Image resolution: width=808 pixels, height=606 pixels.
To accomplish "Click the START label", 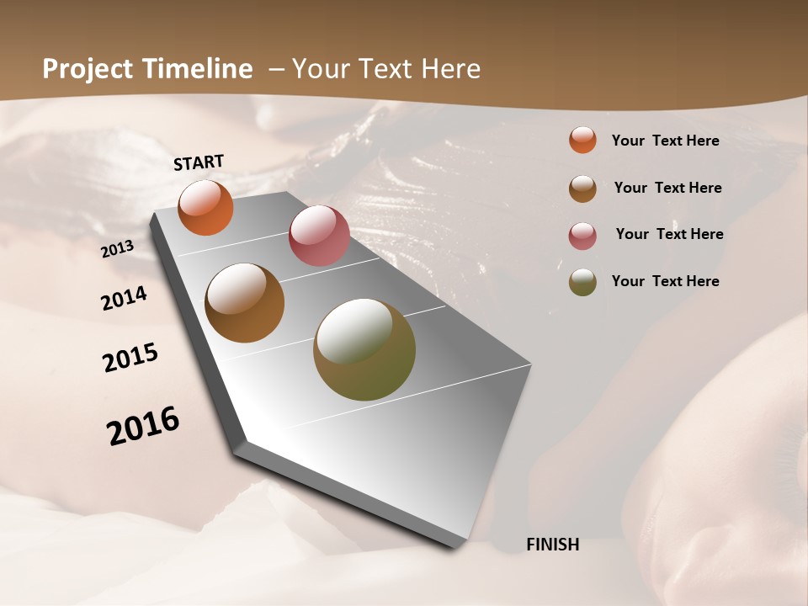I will click(x=199, y=162).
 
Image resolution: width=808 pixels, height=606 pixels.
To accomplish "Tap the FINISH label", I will click(x=553, y=545).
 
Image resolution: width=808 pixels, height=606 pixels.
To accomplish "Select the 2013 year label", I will click(x=117, y=249).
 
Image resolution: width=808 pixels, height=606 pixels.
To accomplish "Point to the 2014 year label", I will click(x=125, y=299).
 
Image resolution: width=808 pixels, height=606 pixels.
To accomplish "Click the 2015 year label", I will click(x=130, y=358).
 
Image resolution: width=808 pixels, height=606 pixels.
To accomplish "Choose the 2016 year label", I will click(x=143, y=426).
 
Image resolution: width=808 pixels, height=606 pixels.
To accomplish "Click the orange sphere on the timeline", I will click(x=205, y=207).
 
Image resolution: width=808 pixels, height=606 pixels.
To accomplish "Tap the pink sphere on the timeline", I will click(x=319, y=236).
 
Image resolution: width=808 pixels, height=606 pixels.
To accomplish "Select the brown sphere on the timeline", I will click(x=245, y=303).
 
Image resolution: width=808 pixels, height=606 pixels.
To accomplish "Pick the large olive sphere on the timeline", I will click(x=364, y=350).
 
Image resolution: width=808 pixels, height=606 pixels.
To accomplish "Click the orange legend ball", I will click(x=582, y=140).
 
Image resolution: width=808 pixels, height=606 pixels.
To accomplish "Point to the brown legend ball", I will click(x=582, y=189).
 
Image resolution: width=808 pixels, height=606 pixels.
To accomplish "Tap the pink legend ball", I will click(x=582, y=236).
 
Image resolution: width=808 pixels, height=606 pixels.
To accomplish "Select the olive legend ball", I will click(x=582, y=282).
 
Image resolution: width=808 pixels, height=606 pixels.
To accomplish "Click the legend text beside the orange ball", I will click(x=665, y=141).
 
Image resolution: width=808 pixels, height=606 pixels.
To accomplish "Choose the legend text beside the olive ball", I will click(x=665, y=281).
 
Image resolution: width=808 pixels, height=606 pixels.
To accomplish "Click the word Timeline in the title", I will click(x=198, y=69).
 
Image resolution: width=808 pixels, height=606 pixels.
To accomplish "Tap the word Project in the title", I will click(x=88, y=69).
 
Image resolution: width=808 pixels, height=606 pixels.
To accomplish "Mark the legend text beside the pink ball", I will click(x=669, y=234).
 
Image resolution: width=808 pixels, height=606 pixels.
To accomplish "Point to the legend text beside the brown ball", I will click(x=667, y=188).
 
